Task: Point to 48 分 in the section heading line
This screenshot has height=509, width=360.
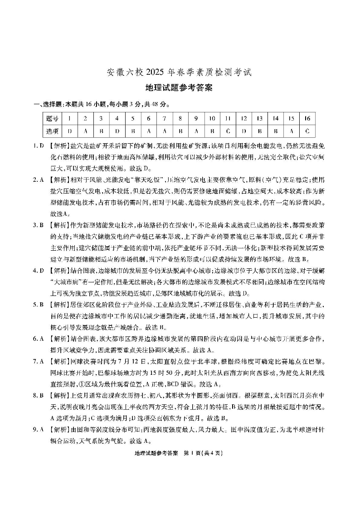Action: point(158,105)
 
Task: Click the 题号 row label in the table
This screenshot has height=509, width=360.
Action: point(52,119)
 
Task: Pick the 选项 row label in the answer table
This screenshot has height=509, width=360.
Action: point(52,131)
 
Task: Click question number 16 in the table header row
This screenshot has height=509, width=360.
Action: point(307,119)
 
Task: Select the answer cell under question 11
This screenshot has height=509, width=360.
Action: point(228,131)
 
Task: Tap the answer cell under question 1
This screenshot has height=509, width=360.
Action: point(69,131)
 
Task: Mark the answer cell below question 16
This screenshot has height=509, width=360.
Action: point(307,131)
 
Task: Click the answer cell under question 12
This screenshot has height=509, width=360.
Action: point(243,131)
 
